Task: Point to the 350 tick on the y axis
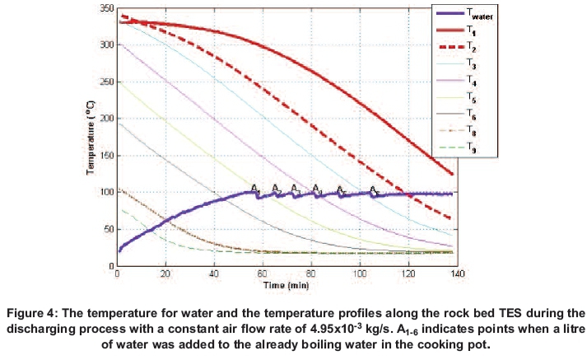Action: (106, 7)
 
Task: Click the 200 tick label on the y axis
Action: (106, 119)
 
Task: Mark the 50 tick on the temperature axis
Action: (109, 230)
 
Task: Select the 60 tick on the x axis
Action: (262, 273)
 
